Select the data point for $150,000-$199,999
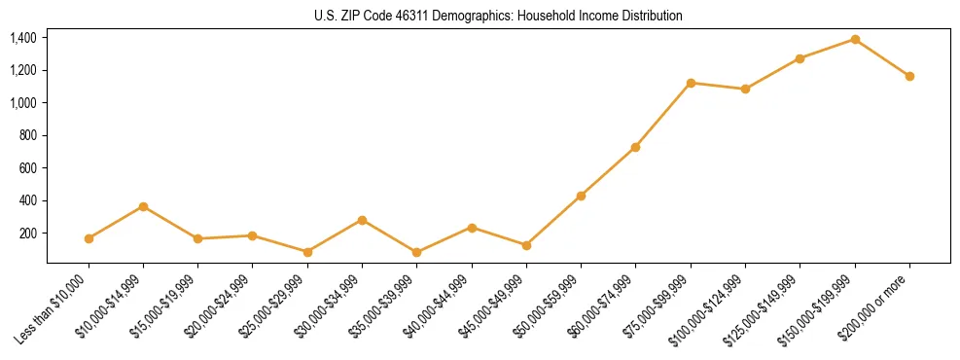[855, 39]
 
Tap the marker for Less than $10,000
[89, 238]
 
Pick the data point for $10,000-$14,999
[144, 206]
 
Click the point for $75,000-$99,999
[691, 83]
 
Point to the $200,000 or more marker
[909, 76]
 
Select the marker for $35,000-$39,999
[417, 252]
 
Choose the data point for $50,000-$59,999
[581, 196]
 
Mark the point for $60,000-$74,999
[635, 147]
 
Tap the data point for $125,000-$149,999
[800, 58]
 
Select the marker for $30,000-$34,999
[362, 220]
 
